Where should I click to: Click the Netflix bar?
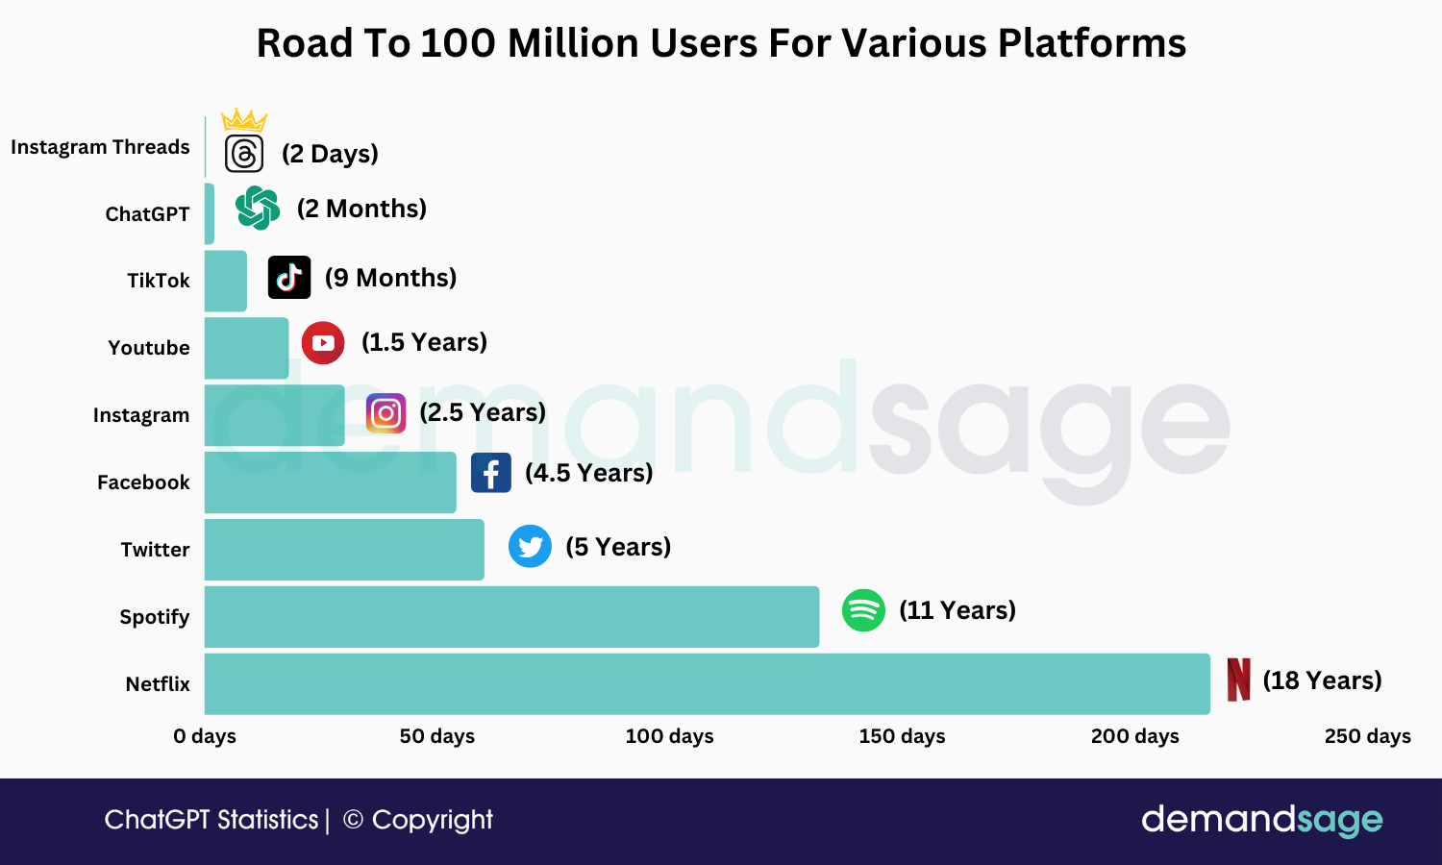[x=707, y=683]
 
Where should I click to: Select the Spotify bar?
[x=511, y=616]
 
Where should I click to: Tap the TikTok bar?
[x=226, y=281]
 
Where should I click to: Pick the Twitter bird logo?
[x=530, y=546]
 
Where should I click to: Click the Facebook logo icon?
[x=490, y=473]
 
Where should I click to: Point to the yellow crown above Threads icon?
[x=244, y=120]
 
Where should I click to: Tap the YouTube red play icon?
[x=323, y=342]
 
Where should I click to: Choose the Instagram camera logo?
[x=385, y=413]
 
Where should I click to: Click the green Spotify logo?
[x=863, y=610]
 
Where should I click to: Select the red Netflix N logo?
[x=1239, y=680]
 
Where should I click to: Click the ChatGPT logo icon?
[x=258, y=208]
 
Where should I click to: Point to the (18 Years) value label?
[x=1322, y=680]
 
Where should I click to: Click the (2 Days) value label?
[x=330, y=154]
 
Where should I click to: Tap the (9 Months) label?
[x=390, y=278]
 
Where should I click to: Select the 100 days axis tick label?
[x=669, y=736]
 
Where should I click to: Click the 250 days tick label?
[x=1367, y=736]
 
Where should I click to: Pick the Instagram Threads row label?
[x=100, y=147]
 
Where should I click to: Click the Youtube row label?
[x=149, y=348]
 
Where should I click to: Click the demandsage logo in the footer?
[x=1261, y=820]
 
